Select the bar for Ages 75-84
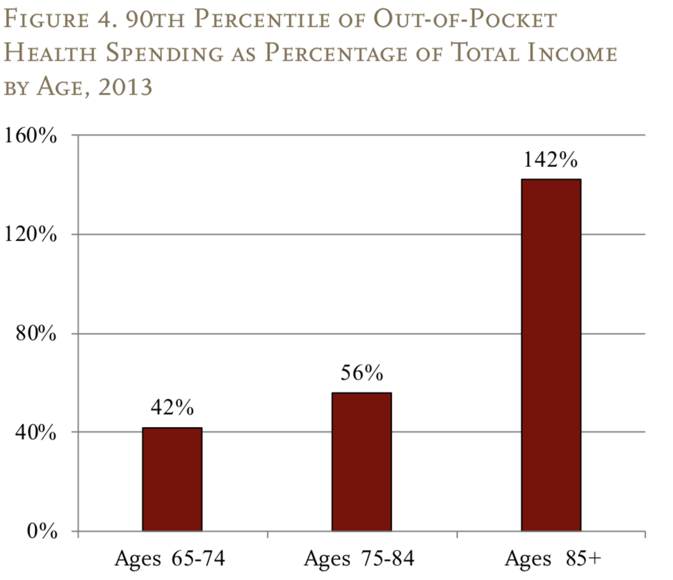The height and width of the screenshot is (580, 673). point(361,462)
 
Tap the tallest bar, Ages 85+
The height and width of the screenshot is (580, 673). point(551,355)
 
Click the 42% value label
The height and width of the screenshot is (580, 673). point(172,408)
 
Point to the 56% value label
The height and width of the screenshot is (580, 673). point(361,373)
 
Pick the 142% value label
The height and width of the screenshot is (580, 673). point(551,159)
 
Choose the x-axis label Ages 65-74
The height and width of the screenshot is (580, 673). point(170,558)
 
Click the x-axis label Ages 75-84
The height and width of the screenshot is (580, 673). point(360,558)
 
